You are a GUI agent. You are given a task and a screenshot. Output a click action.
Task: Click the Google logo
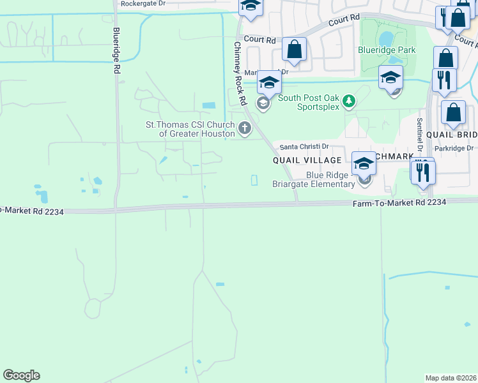click(21, 375)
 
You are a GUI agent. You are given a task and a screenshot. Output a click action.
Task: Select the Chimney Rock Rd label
click(240, 73)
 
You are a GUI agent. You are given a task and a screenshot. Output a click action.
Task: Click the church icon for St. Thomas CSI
click(244, 130)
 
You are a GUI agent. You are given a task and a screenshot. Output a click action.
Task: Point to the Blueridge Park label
click(387, 50)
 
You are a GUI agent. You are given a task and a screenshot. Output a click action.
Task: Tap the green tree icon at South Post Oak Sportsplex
click(348, 100)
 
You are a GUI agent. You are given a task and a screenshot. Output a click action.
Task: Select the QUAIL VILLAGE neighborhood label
click(306, 160)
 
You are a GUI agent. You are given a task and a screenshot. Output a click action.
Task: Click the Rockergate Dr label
click(143, 4)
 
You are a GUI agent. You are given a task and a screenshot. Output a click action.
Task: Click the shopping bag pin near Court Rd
click(294, 49)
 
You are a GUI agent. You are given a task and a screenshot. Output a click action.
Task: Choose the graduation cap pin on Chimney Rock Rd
click(270, 83)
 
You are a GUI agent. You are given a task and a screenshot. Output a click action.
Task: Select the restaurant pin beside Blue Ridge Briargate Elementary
click(423, 172)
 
